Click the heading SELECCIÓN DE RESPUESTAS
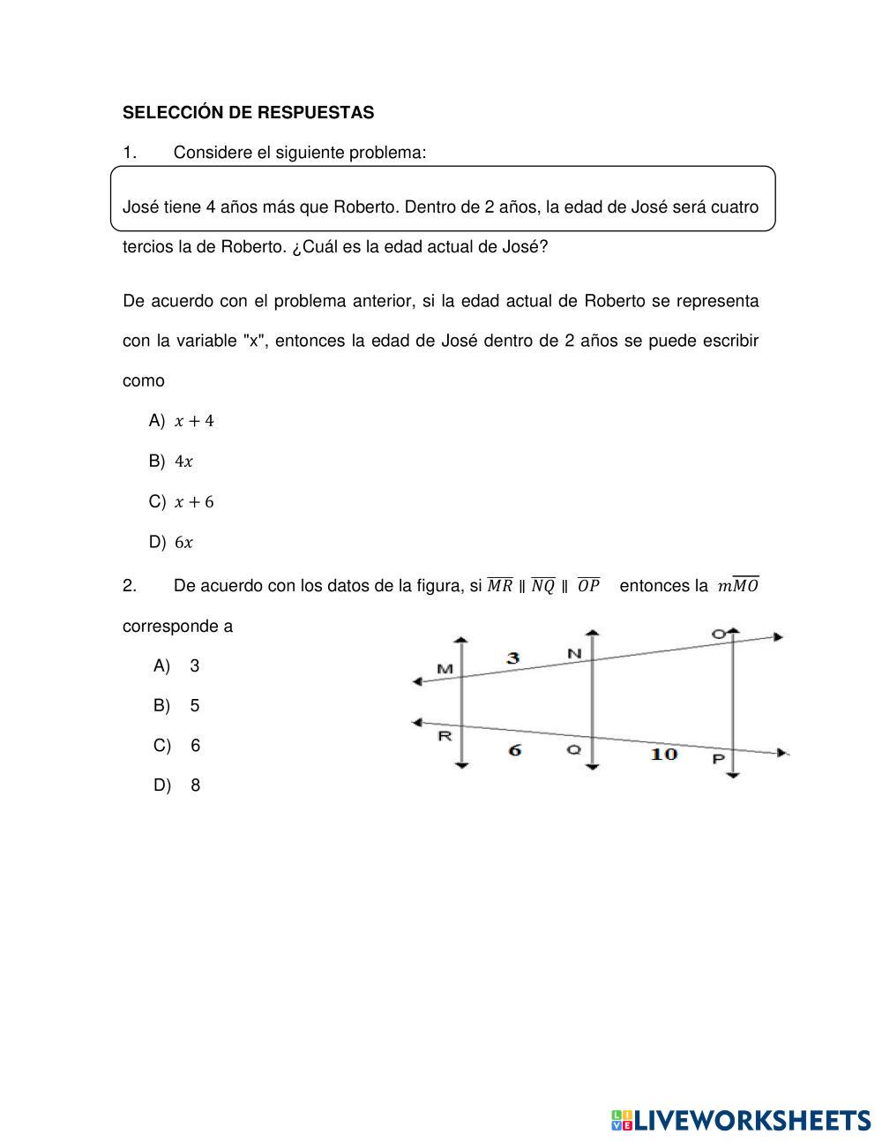click(248, 113)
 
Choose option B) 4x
click(172, 462)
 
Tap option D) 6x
click(172, 543)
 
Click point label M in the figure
click(445, 669)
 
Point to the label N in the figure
click(574, 654)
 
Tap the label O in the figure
click(719, 634)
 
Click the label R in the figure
click(445, 735)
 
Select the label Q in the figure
click(573, 749)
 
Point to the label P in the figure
click(718, 759)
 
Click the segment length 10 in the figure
click(663, 754)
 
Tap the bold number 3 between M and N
click(512, 657)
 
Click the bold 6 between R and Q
click(514, 749)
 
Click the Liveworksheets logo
click(740, 1120)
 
